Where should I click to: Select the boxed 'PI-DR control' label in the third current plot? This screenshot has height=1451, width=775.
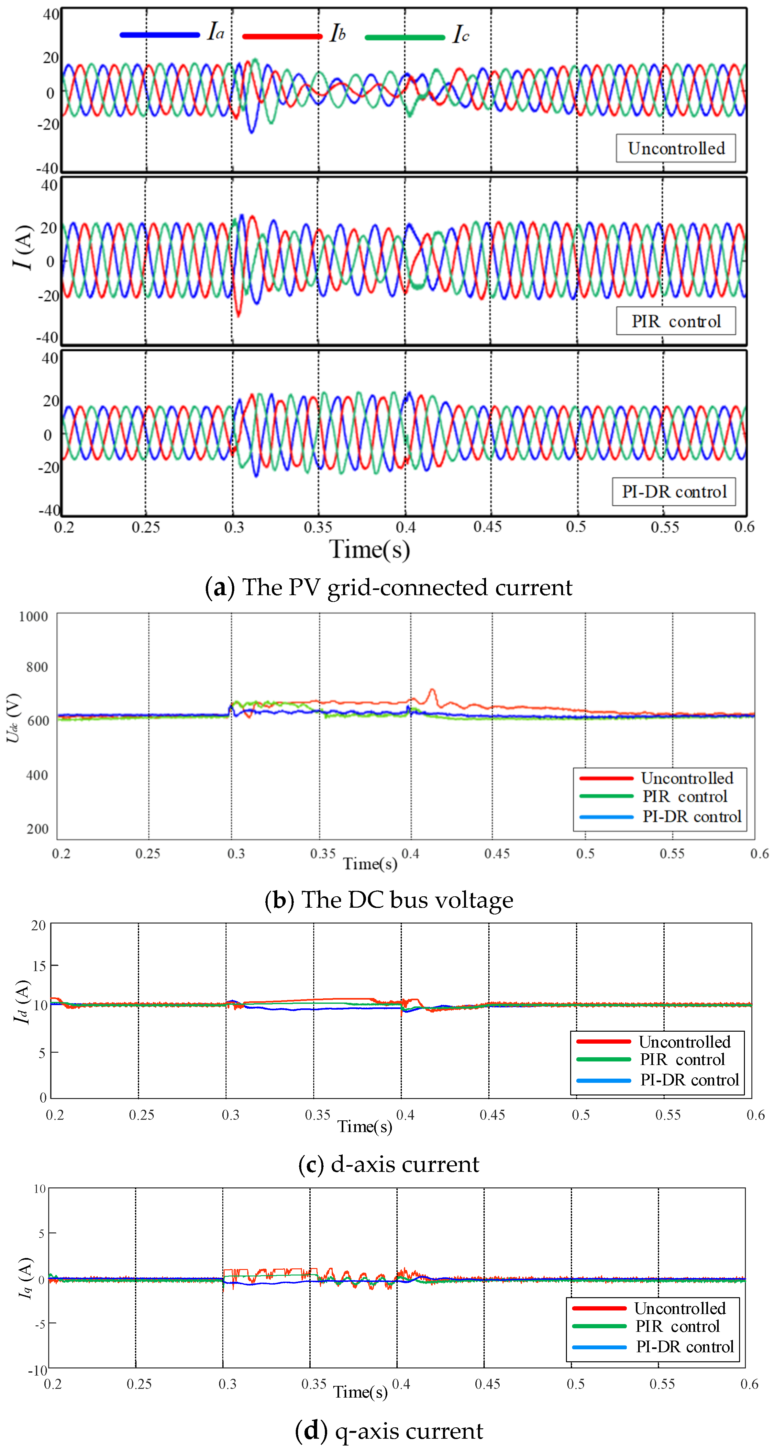click(x=674, y=492)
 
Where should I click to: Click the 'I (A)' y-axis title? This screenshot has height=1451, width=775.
click(x=23, y=247)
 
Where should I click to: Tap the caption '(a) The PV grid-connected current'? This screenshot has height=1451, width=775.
click(x=388, y=587)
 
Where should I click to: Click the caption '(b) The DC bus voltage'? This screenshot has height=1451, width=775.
click(x=388, y=900)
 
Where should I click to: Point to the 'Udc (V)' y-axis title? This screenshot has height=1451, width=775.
click(x=14, y=718)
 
